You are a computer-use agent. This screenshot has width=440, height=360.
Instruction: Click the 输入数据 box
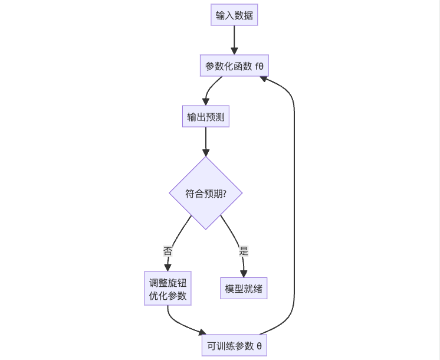tap(234, 15)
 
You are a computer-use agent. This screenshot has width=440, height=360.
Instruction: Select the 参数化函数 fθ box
tap(234, 66)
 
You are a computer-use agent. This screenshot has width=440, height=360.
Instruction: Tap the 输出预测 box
tap(205, 117)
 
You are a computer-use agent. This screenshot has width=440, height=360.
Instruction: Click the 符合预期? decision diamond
tap(205, 193)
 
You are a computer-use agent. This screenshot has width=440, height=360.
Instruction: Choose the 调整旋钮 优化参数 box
tap(168, 289)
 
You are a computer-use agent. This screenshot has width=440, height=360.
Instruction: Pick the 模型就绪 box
tap(244, 289)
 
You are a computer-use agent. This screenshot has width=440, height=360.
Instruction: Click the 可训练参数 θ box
tap(234, 345)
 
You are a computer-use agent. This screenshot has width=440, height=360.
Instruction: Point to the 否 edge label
tap(168, 250)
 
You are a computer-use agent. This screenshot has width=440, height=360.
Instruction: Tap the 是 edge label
tap(244, 250)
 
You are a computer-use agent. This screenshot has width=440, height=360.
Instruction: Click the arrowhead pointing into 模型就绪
tap(244, 274)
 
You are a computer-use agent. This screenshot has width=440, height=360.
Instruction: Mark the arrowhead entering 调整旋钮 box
tap(168, 268)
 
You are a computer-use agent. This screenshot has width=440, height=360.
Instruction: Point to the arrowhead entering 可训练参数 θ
tap(204, 334)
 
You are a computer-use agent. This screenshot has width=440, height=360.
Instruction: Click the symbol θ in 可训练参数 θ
tap(259, 345)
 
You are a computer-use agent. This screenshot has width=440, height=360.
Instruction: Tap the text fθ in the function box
tap(258, 66)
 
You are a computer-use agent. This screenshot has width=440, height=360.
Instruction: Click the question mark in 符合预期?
tap(224, 193)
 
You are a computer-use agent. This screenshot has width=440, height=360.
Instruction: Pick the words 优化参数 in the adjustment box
tap(168, 296)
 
